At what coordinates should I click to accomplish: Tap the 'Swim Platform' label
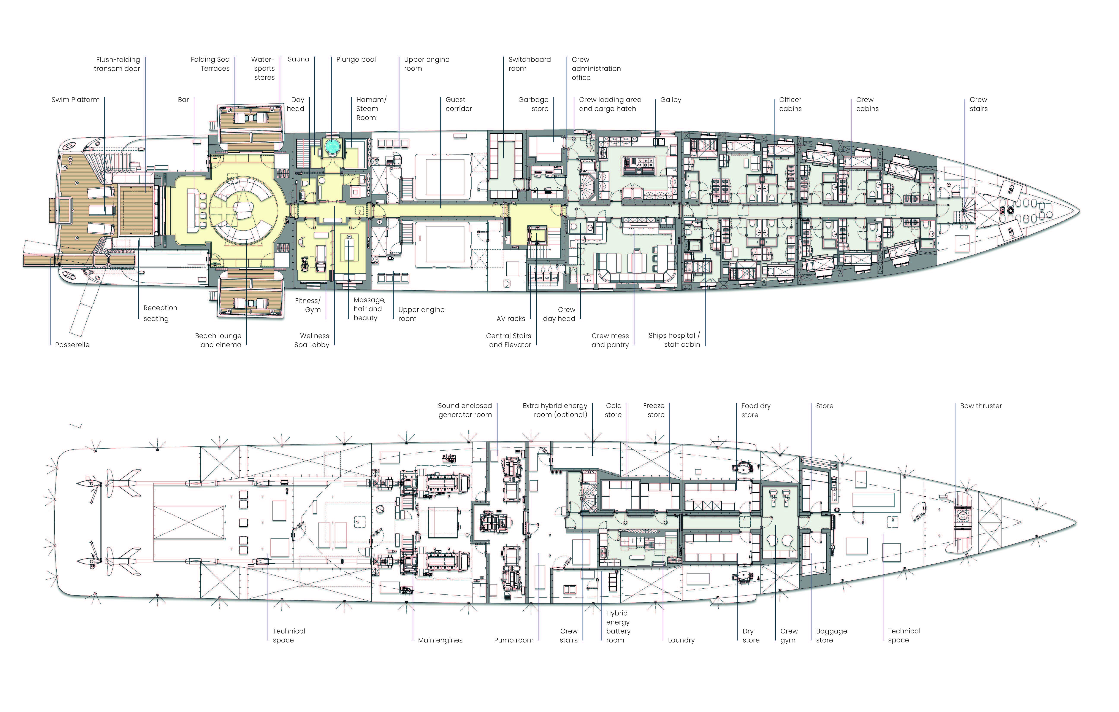(x=75, y=100)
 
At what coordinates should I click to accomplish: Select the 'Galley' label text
(x=670, y=100)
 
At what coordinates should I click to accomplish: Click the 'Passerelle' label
(x=72, y=345)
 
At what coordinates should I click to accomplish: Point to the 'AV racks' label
(x=511, y=319)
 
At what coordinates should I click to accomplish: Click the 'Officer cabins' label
(x=790, y=104)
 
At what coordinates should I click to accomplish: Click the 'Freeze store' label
(x=654, y=410)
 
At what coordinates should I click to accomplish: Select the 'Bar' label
(x=184, y=100)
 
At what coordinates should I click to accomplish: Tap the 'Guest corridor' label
(x=458, y=104)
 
